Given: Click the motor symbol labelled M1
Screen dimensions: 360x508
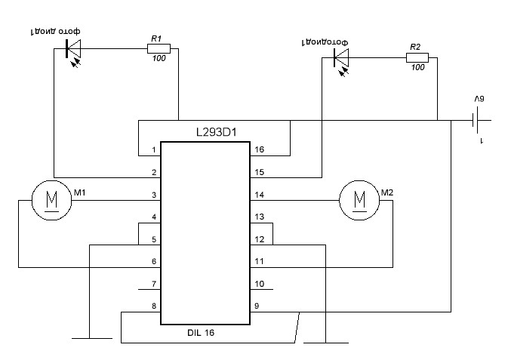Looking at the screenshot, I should click(x=50, y=200).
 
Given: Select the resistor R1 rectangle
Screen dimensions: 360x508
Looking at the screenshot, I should click(x=159, y=49).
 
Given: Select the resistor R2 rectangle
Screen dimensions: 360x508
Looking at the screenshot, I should click(x=417, y=57).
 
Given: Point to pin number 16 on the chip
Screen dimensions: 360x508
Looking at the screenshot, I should click(x=259, y=150).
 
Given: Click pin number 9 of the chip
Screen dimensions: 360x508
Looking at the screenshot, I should click(x=257, y=306).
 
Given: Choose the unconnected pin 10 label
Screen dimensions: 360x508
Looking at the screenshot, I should click(x=259, y=285).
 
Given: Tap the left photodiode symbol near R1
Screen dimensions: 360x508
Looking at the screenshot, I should click(x=73, y=50).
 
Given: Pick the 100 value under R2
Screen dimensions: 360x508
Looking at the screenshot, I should click(x=417, y=68).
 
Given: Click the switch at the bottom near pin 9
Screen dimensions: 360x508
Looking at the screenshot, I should click(x=299, y=325).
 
